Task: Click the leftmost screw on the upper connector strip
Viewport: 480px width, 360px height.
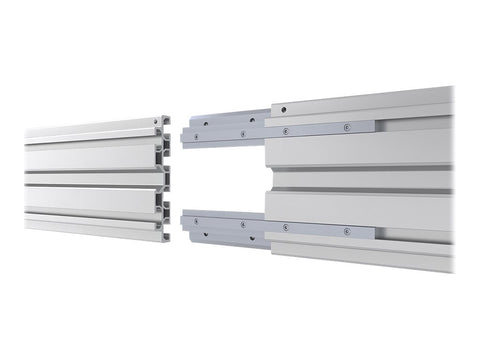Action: (x=196, y=135)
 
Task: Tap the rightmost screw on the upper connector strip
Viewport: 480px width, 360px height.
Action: (x=346, y=127)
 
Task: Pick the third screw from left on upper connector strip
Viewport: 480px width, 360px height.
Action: (x=285, y=130)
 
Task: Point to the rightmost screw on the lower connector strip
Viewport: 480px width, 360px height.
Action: (x=346, y=230)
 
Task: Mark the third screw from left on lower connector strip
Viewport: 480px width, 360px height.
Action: (x=285, y=228)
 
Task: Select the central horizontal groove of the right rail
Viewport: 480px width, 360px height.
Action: (x=360, y=178)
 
